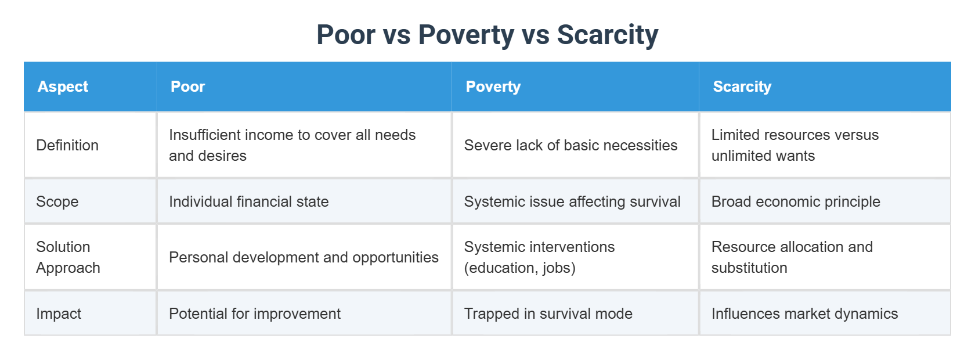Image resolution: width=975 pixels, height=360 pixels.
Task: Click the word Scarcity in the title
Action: [607, 35]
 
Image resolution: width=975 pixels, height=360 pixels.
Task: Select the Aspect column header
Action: [63, 87]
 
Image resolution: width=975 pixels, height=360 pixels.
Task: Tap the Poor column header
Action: [187, 87]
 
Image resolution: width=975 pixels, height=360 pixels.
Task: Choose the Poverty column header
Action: [493, 87]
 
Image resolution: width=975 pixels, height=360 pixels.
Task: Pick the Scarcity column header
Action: [742, 87]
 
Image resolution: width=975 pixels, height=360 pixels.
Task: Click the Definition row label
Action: [67, 145]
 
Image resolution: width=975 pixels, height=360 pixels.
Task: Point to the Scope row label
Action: [57, 201]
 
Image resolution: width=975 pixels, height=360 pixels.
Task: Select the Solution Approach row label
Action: [68, 257]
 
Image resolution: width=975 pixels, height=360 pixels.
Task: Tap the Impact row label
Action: [59, 314]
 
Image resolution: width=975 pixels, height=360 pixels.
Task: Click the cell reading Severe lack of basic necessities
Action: [570, 145]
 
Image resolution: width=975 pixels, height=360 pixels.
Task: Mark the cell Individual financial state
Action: [248, 201]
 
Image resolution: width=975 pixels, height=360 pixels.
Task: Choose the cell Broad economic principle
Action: [796, 201]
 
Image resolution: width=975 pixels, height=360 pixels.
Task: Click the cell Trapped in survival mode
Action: [548, 314]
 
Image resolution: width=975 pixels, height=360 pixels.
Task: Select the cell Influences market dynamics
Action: [804, 314]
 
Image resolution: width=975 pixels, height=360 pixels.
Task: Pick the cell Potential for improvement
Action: [254, 314]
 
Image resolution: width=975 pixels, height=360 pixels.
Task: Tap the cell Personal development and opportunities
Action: [304, 257]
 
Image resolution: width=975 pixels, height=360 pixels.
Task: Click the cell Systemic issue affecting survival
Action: [572, 201]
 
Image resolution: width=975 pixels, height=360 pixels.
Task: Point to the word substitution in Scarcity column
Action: [749, 268]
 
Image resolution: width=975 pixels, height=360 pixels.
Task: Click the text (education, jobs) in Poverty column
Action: [519, 268]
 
